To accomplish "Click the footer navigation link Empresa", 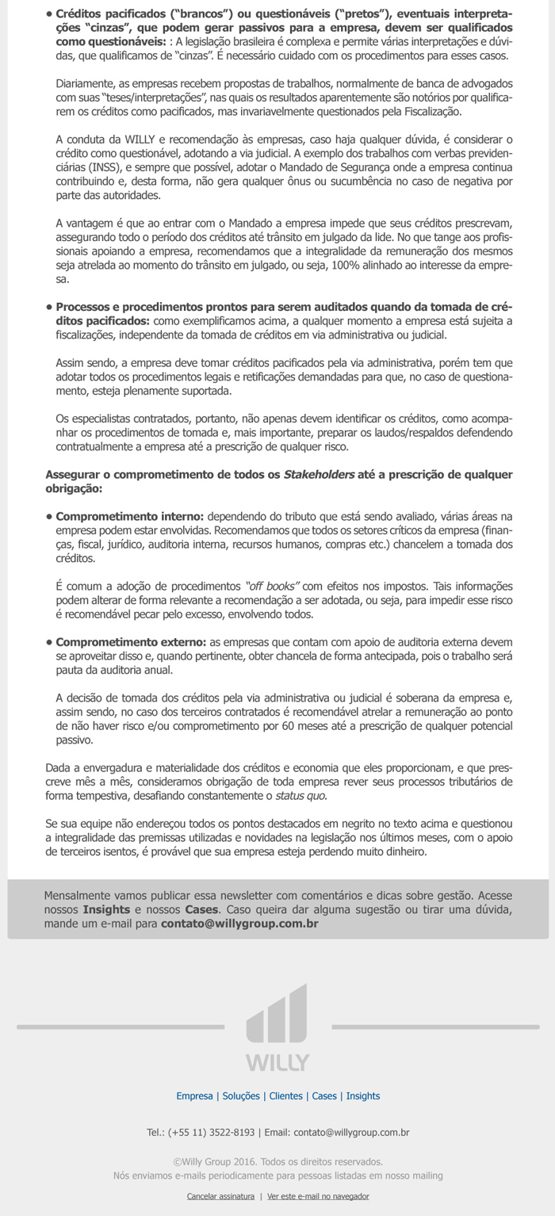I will (194, 1096).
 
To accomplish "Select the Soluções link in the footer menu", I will (241, 1096).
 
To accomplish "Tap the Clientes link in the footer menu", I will (285, 1096).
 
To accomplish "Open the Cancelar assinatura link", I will (220, 1196).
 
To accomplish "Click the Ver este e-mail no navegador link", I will (318, 1196).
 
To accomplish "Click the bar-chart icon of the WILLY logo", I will (277, 1013).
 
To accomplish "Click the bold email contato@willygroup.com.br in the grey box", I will (239, 923).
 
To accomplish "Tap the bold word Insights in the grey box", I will (107, 909).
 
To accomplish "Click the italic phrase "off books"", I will (272, 587).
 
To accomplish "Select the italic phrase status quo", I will (300, 796).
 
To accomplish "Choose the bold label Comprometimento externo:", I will (131, 642).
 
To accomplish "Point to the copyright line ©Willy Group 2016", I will (277, 1161).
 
